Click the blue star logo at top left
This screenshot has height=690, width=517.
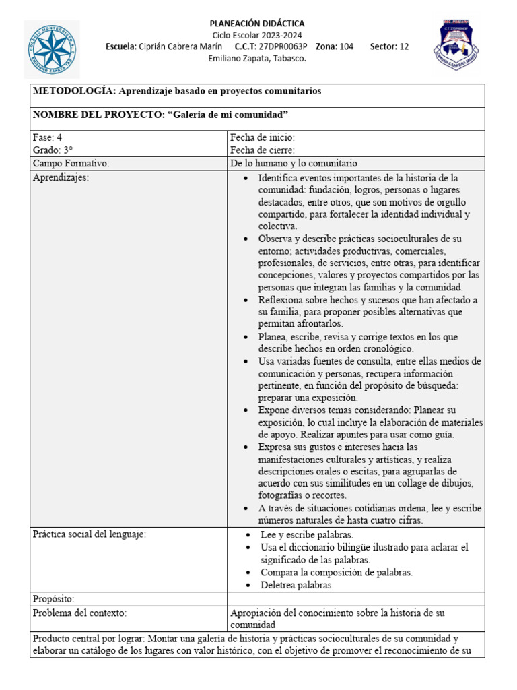52,49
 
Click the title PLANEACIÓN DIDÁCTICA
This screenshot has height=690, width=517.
257,24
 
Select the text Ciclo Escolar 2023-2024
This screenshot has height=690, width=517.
257,35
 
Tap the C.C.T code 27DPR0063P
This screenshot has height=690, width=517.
283,46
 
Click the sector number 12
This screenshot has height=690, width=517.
404,46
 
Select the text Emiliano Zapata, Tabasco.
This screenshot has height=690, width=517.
257,58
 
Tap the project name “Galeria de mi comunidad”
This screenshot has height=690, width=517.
228,115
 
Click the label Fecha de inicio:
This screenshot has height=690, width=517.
263,137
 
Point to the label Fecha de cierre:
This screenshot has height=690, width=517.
263,150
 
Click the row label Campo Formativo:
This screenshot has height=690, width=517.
71,163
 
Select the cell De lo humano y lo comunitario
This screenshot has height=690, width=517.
294,163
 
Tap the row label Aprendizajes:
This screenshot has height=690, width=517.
61,177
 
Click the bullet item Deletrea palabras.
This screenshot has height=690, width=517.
297,585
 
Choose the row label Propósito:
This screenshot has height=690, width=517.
54,599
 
